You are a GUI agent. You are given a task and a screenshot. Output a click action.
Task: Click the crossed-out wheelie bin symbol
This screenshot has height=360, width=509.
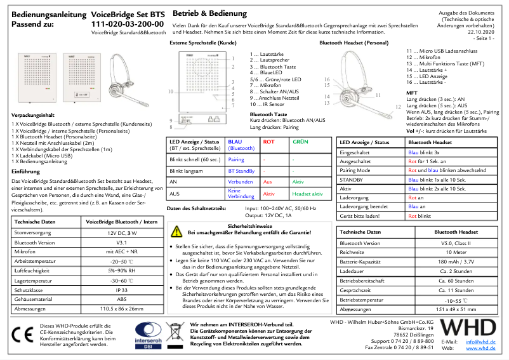point(174,333)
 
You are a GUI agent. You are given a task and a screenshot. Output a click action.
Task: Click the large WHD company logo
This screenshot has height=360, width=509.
point(468,329)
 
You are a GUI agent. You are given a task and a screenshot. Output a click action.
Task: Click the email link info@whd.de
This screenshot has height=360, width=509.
point(480,342)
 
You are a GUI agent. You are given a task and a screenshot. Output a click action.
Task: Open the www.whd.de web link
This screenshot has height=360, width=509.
point(480,349)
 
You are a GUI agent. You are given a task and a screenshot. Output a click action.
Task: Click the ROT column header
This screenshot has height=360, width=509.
point(268,142)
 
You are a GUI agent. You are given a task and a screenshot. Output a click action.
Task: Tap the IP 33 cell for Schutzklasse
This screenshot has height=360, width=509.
point(121,289)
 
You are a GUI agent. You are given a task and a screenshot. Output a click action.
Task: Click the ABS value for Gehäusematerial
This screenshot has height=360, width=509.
point(121,298)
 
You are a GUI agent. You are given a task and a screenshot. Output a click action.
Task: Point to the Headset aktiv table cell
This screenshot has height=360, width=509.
point(308,194)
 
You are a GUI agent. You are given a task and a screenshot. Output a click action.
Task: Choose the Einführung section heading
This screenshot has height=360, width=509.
point(26,171)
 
